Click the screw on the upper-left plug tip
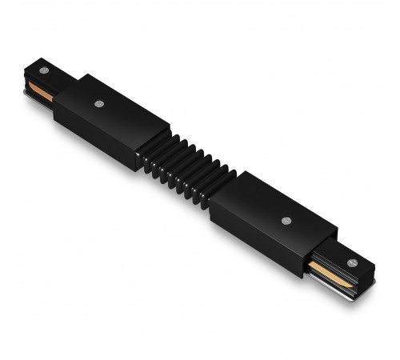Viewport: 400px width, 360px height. coord(43,70)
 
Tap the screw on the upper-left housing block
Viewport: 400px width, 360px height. coord(98,103)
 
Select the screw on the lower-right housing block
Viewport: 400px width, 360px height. coord(286,218)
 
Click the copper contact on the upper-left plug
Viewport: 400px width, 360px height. coord(40,90)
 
